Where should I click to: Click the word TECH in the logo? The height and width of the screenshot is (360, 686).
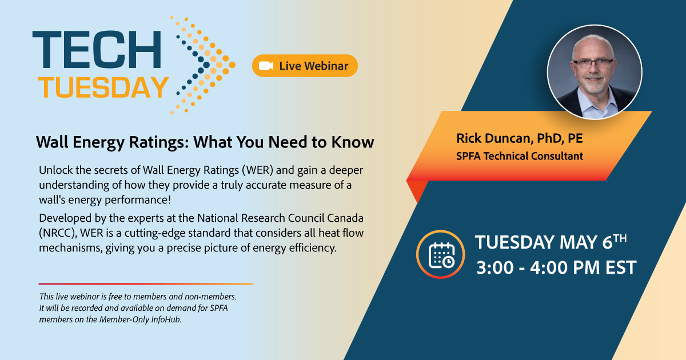coord(97,49)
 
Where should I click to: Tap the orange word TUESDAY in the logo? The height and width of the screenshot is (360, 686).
coord(103,87)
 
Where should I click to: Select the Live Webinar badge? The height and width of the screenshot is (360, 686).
coord(305,66)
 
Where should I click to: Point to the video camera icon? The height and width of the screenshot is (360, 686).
coord(266,66)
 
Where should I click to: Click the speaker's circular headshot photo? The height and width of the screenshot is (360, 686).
coord(595,72)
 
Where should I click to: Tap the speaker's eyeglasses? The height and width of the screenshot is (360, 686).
coord(593,63)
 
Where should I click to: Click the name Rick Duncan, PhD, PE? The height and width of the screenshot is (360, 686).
coord(520,138)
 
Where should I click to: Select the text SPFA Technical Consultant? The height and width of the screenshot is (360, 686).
coord(520,156)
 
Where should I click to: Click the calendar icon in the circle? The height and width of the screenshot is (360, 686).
coord(441,255)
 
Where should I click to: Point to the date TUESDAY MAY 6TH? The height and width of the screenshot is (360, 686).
coord(551,242)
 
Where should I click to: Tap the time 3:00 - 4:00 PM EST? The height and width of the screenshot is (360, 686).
coord(556,267)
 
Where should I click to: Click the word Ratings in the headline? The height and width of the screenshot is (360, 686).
coord(158,142)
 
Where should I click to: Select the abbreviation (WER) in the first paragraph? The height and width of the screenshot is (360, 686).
coord(257,170)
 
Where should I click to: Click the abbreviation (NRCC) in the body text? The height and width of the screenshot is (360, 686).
coord(58,233)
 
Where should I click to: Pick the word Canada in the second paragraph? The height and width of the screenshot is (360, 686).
coord(345,218)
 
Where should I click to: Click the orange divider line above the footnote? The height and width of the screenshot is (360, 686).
coord(146,284)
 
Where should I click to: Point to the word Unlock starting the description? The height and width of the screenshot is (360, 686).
coord(56,170)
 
